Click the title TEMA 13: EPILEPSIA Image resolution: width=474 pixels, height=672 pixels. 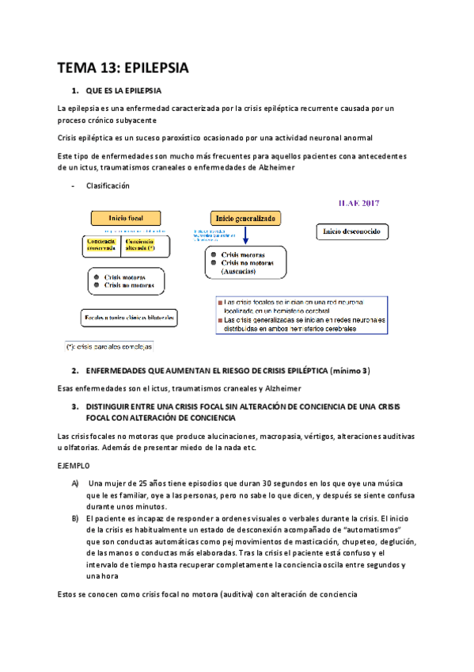point(124,67)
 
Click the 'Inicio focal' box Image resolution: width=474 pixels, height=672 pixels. point(125,217)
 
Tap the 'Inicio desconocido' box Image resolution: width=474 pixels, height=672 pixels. point(351,231)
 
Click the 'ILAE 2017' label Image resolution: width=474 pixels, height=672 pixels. point(359,202)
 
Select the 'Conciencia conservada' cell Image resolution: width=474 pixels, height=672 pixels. point(101,245)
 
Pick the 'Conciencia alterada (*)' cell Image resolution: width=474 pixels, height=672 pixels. point(142,245)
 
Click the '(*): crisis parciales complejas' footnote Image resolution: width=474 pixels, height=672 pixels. point(109,346)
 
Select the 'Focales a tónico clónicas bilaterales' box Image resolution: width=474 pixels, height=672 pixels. point(130,318)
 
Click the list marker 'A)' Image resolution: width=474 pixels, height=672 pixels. point(74,483)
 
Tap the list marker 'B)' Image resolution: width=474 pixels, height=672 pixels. point(74,517)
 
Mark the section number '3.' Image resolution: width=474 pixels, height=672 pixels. point(74,406)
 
